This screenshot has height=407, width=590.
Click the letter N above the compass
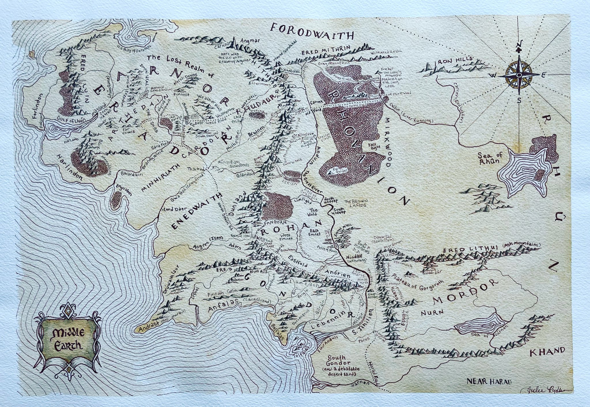pyautogui.click(x=518, y=45)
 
